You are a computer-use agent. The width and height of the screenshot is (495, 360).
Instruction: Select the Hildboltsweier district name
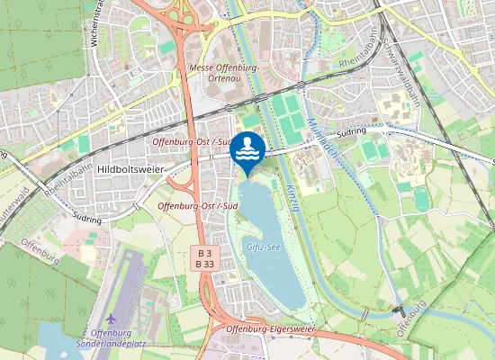[132, 168]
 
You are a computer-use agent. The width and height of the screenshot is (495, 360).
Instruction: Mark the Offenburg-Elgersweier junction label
[269, 329]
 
